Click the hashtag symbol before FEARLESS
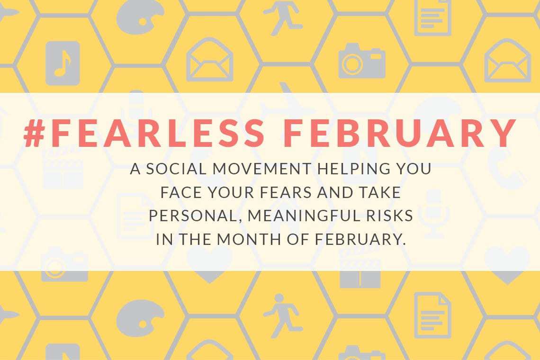click(35, 133)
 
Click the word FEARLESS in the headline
click(158, 133)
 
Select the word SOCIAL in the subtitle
click(176, 169)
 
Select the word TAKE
click(380, 193)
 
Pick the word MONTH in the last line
click(249, 239)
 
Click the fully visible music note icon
click(63, 63)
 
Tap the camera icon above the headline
click(361, 61)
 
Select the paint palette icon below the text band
click(140, 318)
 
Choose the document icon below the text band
click(432, 315)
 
